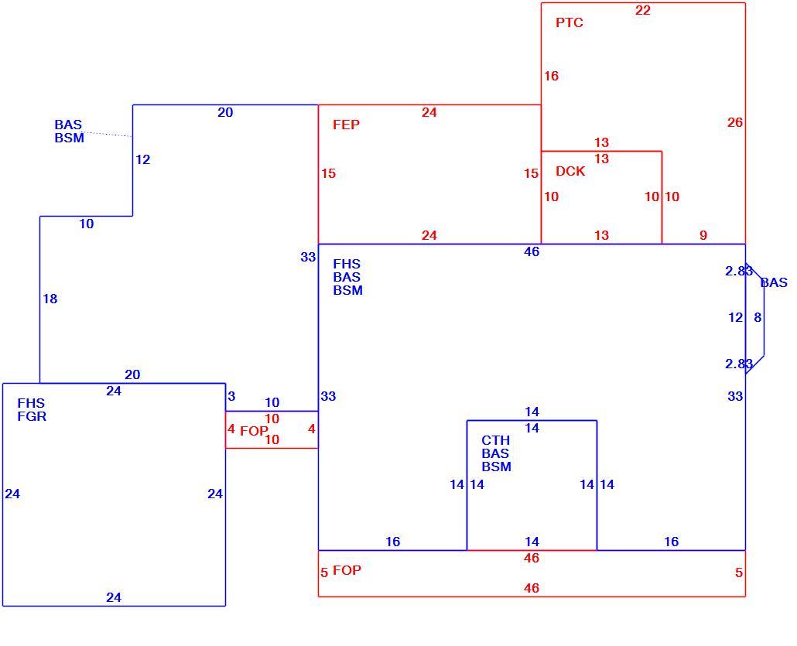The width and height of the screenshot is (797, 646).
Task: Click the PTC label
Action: [x=570, y=22]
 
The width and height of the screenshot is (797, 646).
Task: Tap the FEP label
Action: [x=346, y=125]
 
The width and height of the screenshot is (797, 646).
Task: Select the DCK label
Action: [x=570, y=171]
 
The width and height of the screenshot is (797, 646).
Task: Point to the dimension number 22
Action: [x=642, y=10]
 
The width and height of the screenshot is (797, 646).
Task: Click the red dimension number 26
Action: [x=734, y=122]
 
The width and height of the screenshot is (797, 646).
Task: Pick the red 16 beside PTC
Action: [x=551, y=76]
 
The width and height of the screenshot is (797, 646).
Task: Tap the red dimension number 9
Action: [x=703, y=235]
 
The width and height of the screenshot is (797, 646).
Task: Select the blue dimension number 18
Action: [x=50, y=299]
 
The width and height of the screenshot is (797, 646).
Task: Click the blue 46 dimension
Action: [x=532, y=251]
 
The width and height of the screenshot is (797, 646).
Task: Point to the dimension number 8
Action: [x=758, y=318]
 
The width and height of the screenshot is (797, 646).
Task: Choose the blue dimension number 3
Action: [x=231, y=396]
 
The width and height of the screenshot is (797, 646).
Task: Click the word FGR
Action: [x=32, y=416]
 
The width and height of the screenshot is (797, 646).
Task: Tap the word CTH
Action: [x=495, y=440]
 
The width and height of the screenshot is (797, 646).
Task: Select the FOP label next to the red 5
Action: [x=347, y=570]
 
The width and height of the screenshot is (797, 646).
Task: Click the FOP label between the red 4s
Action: [x=254, y=431]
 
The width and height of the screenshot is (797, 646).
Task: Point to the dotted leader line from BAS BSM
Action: [x=108, y=134]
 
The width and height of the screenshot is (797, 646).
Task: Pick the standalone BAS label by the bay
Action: [x=774, y=282]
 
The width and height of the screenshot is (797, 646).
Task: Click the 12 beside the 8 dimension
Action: [x=736, y=318]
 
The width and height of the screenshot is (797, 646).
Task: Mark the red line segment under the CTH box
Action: [x=532, y=550]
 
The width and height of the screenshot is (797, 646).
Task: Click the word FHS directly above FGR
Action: [x=31, y=403]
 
